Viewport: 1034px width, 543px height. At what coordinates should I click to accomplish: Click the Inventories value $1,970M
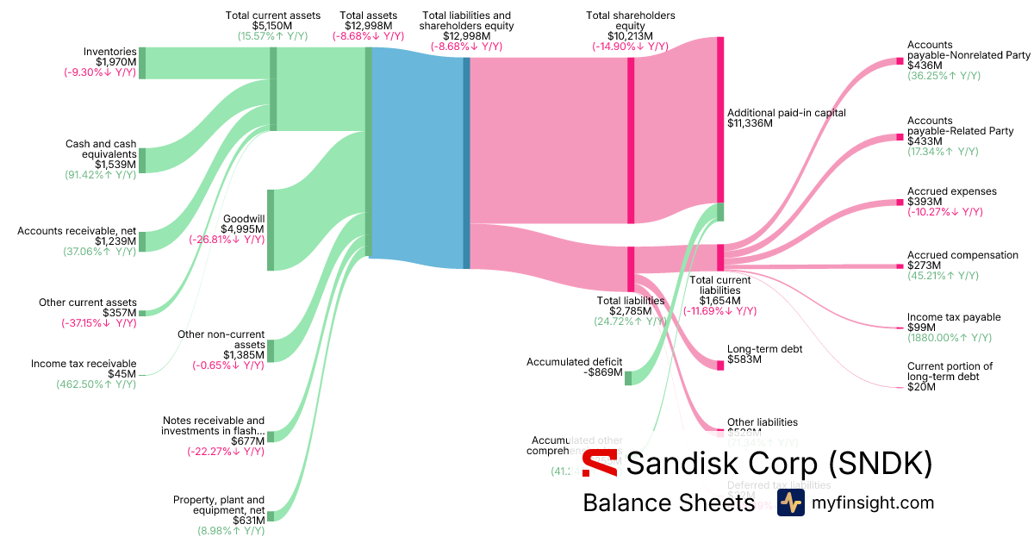[x=116, y=62]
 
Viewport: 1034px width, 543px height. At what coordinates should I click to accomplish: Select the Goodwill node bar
[x=270, y=230]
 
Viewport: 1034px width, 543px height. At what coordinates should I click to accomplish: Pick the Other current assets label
[x=87, y=303]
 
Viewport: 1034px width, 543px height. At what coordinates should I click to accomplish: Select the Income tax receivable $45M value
[x=123, y=374]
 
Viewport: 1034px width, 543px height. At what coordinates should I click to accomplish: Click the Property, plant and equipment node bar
[x=270, y=515]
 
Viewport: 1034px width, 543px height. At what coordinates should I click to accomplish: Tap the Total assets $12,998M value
[x=368, y=26]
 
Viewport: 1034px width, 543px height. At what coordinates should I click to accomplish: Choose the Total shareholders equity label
[x=630, y=21]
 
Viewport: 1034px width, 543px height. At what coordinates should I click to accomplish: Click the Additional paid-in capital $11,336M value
[x=750, y=123]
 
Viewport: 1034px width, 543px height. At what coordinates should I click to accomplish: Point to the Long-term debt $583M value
[x=744, y=359]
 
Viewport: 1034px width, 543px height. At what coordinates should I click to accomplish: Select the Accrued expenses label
[x=951, y=191]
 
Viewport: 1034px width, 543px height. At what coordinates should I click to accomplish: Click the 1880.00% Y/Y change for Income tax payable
[x=949, y=338]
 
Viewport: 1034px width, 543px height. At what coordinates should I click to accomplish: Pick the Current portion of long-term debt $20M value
[x=921, y=387]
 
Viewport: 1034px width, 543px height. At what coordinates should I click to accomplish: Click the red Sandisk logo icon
[x=599, y=463]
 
